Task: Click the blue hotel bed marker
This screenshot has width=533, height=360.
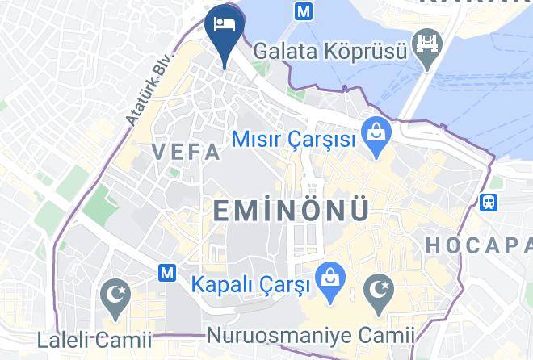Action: click(221, 25)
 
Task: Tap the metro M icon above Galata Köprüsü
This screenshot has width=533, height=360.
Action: click(304, 11)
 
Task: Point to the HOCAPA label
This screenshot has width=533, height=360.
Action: click(478, 245)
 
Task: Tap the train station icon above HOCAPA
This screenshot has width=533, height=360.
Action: click(489, 202)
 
